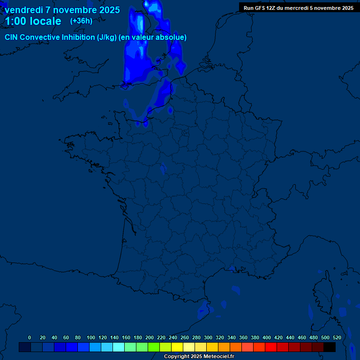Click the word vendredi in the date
pos(23,10)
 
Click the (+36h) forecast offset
pos(81,21)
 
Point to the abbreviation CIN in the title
pos(11,37)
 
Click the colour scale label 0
pos(30,337)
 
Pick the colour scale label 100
pos(91,337)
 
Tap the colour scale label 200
pos(150,337)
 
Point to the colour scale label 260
pos(185,337)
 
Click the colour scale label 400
pos(267,337)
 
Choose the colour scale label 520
pos(337,337)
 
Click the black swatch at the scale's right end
pos(330,347)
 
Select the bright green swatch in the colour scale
pos(154,347)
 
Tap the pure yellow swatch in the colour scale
pos(177,347)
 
